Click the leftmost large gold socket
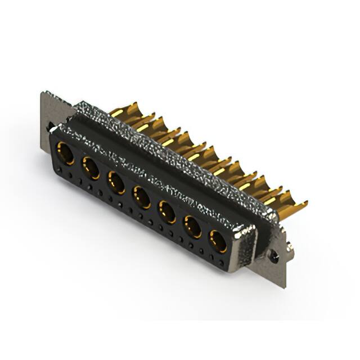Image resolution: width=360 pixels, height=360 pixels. [x=65, y=153]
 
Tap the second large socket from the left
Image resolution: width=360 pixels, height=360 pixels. [x=91, y=168]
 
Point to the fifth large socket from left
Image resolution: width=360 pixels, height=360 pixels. [x=167, y=212]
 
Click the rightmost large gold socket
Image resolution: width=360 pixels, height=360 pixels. [x=218, y=241]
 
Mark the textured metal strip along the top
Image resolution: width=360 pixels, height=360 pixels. [x=169, y=152]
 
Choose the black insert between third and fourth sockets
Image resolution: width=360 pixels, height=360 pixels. [x=129, y=188]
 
